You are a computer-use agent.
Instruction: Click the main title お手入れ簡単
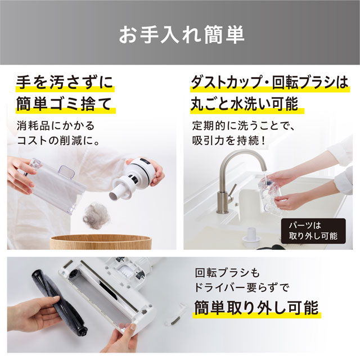[x=181, y=34]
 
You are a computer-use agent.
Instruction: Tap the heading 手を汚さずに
[x=65, y=82]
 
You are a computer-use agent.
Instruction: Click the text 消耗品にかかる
[x=56, y=126]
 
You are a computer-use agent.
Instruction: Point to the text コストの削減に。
[x=58, y=141]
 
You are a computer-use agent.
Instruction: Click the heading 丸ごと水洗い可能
[x=245, y=103]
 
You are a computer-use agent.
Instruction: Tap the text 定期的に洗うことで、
[x=244, y=126]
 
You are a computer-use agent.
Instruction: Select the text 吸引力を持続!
[x=229, y=141]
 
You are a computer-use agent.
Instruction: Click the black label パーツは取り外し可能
[x=313, y=231]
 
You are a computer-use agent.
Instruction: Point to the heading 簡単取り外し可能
[x=256, y=308]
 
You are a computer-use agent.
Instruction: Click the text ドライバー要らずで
[x=241, y=287]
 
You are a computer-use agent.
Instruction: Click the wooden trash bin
[x=101, y=242]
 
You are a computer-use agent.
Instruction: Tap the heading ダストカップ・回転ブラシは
[x=270, y=82]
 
